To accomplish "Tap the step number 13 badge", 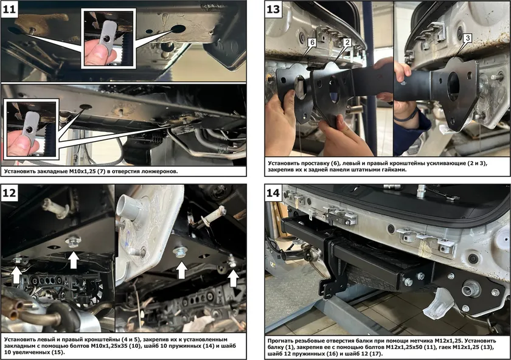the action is click(273, 9).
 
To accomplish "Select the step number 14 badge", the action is click(273, 193).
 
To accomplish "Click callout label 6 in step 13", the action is click(312, 43).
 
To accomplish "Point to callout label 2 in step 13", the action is click(347, 42).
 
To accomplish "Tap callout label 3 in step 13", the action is click(468, 38).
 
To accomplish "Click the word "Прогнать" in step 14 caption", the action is click(282, 341).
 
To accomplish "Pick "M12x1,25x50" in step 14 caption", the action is click(404, 347).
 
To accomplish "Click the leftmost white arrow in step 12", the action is click(16, 275).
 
